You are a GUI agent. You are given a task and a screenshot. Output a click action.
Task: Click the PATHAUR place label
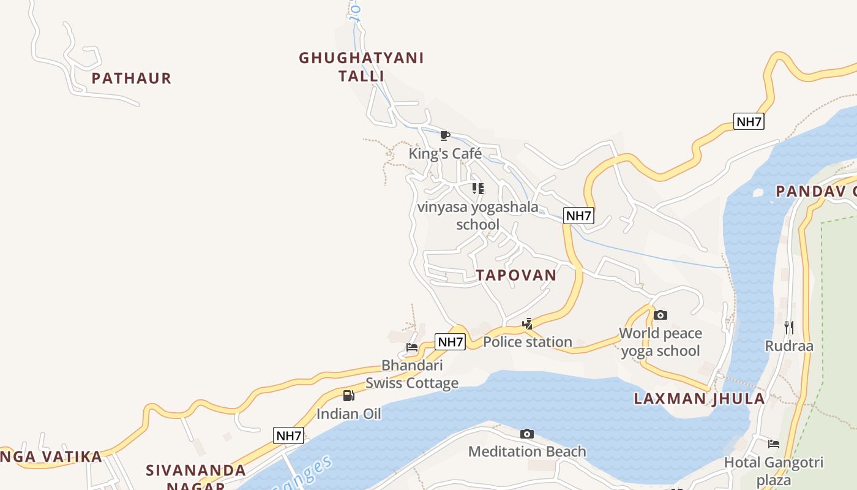click(131, 78)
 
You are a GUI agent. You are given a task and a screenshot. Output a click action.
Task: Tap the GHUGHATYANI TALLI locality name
click(361, 67)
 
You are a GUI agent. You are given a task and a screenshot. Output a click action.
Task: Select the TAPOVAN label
click(517, 275)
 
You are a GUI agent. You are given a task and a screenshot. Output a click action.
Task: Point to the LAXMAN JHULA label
click(699, 399)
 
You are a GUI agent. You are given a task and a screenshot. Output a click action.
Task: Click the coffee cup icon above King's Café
click(445, 135)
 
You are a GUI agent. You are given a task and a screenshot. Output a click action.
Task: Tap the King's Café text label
click(445, 153)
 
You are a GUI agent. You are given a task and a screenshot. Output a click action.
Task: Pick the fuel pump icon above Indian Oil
click(348, 396)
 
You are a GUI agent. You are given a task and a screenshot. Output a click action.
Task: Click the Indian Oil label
click(348, 414)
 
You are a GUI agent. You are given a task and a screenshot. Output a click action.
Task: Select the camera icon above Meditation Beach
click(526, 434)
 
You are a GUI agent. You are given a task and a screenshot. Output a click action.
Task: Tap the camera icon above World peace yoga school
click(660, 315)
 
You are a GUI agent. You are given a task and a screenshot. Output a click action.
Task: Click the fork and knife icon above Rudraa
click(789, 328)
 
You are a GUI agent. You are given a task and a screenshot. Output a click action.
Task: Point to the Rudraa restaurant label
click(789, 346)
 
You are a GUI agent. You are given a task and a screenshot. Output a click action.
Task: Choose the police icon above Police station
click(527, 323)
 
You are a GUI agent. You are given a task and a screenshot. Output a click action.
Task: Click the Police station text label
click(527, 342)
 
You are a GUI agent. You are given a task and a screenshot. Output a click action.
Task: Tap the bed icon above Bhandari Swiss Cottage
click(412, 347)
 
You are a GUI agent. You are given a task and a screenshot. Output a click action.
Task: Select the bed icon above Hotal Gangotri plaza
click(774, 444)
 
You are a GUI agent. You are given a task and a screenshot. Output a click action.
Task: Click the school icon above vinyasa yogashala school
click(477, 189)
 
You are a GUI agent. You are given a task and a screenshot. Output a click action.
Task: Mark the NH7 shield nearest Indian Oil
click(288, 436)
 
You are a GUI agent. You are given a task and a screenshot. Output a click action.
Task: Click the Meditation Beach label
click(526, 452)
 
